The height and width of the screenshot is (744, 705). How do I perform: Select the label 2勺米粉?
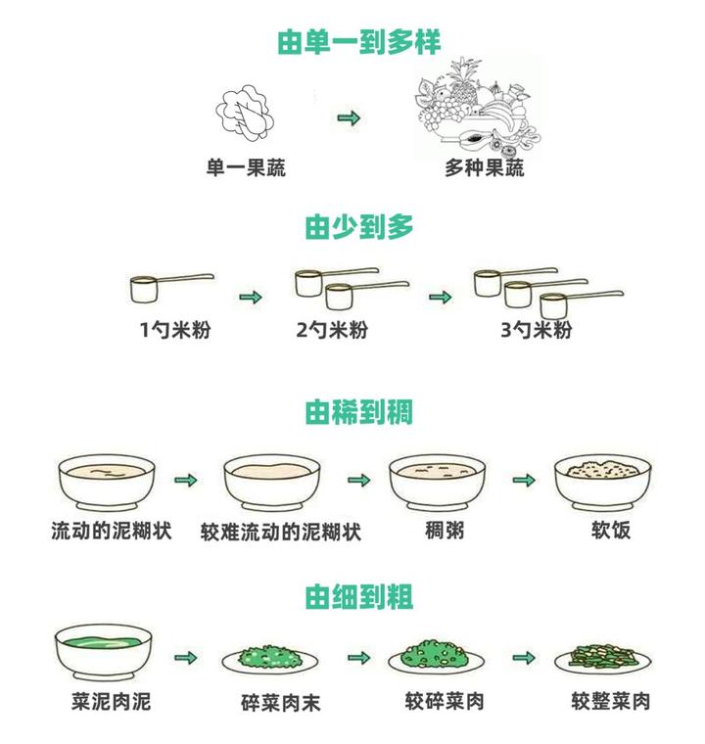click(x=332, y=330)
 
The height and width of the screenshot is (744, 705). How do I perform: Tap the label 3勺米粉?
click(x=536, y=330)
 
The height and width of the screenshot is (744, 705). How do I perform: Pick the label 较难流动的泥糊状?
click(x=281, y=533)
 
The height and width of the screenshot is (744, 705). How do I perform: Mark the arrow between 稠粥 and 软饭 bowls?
click(x=525, y=481)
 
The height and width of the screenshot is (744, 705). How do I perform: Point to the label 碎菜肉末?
click(x=281, y=703)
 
